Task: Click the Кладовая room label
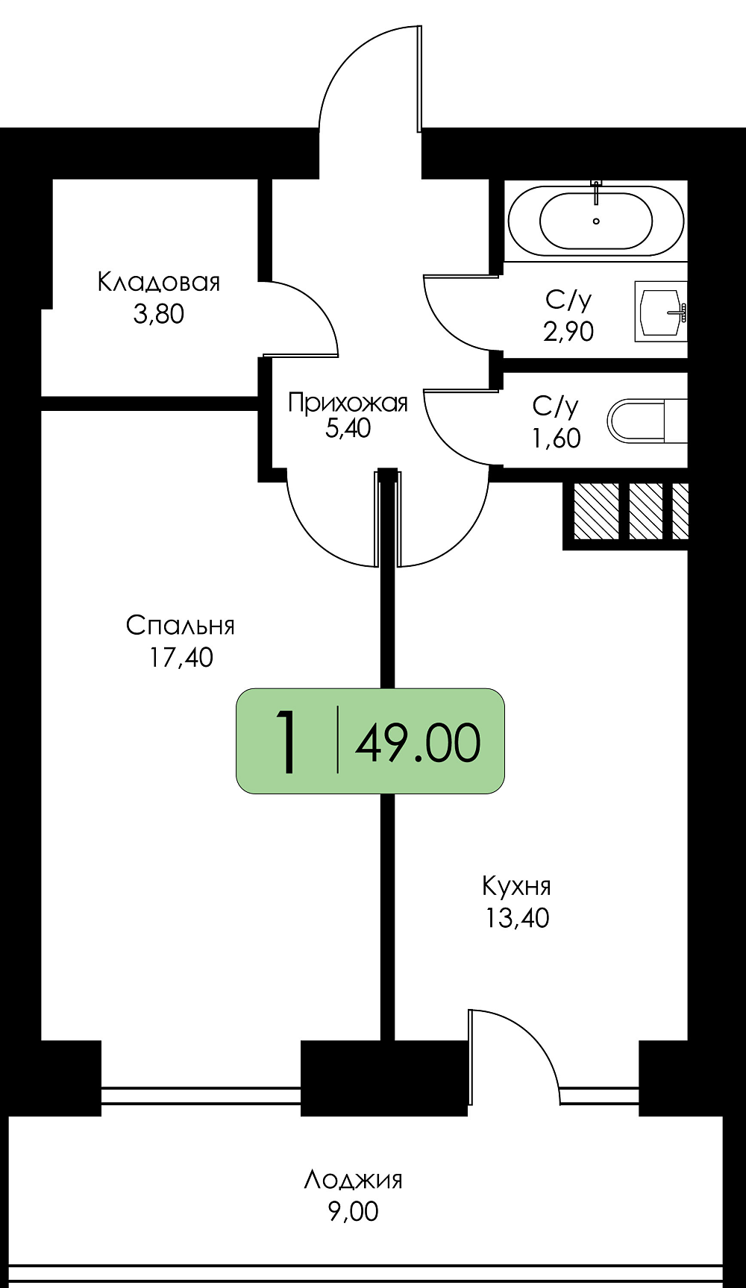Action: pos(159,282)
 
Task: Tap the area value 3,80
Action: pos(159,314)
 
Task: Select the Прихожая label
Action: pos(348,403)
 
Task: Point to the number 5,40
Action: pos(348,429)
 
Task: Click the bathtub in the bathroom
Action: pos(595,221)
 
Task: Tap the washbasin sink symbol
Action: pos(661,312)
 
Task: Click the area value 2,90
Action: pos(568,331)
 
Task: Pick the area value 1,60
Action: pos(556,439)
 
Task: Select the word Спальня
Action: pos(181,625)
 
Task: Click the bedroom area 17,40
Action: pos(181,657)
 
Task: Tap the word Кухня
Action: pos(516,886)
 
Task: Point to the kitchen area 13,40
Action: pos(517,918)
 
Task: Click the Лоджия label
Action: pos(353,1180)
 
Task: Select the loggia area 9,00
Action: pos(353,1211)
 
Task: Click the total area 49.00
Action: pos(418,743)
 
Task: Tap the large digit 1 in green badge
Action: pos(286,741)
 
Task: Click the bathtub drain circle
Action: pos(596,221)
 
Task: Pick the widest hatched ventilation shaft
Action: pos(596,511)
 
